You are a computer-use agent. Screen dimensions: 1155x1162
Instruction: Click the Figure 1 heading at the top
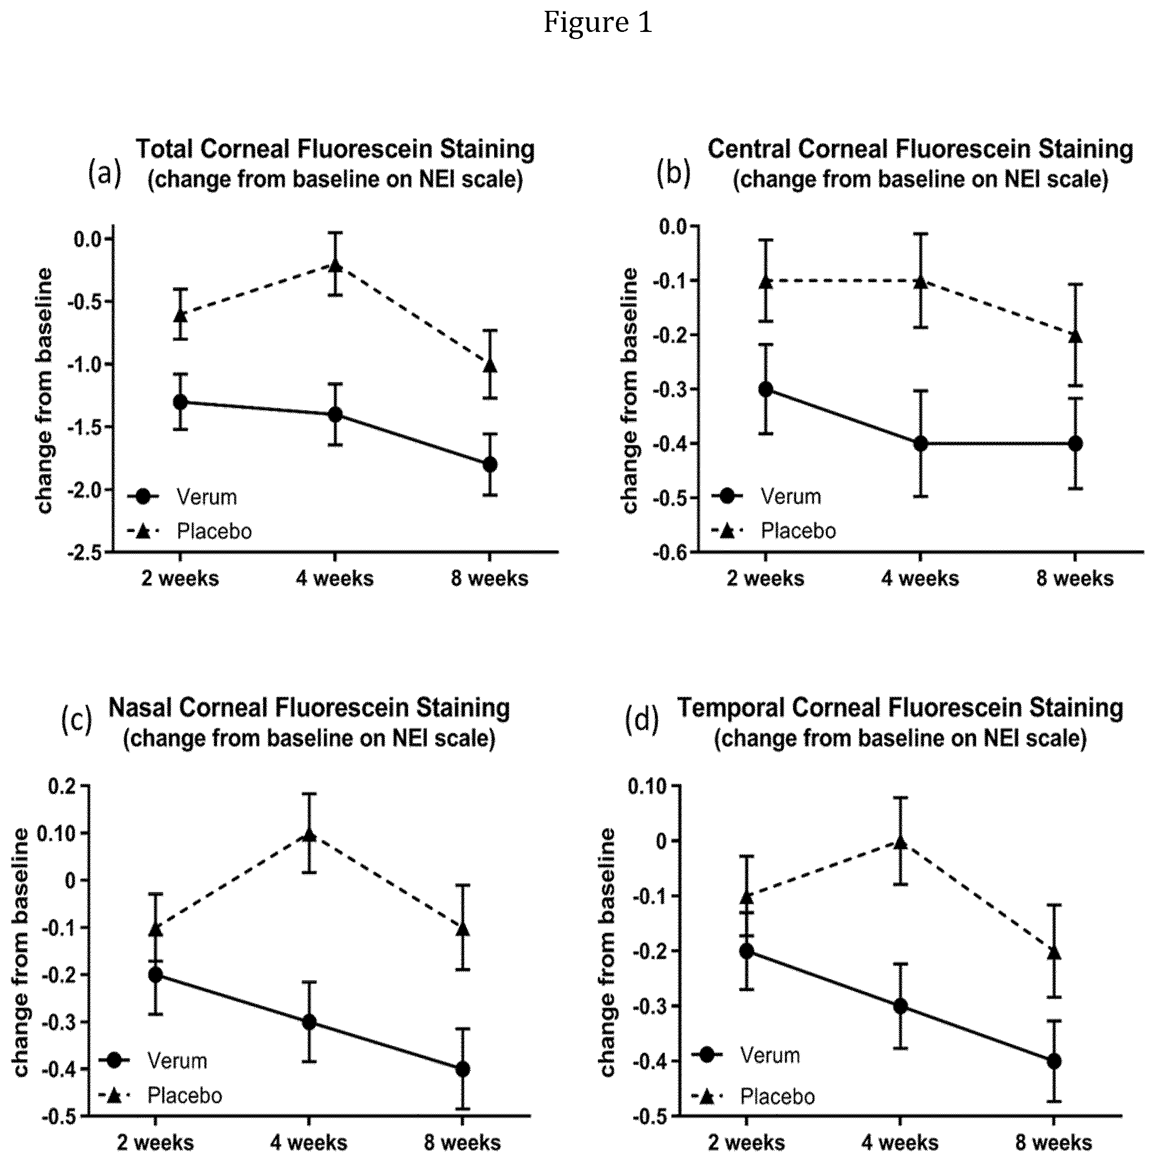[598, 23]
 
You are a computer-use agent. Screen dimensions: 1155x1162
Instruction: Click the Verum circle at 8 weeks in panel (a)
[490, 464]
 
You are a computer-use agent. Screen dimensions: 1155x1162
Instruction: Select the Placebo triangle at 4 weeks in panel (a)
[335, 265]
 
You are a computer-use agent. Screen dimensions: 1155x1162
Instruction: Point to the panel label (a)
[104, 174]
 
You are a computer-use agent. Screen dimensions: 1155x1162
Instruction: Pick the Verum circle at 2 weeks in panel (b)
[766, 389]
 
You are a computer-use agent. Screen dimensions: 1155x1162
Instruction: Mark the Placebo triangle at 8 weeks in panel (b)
[1075, 336]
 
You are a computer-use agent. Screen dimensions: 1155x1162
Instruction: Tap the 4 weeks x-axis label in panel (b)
[921, 579]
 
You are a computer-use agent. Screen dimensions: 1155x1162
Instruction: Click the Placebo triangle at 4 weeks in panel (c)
[309, 836]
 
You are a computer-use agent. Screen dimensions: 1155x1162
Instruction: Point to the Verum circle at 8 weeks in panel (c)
[463, 1069]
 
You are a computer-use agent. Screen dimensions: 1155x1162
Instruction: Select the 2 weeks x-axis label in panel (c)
[156, 1143]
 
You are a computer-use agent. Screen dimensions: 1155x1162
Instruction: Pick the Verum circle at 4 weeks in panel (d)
[901, 1006]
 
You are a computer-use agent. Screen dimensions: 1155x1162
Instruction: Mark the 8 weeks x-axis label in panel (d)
[1054, 1143]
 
